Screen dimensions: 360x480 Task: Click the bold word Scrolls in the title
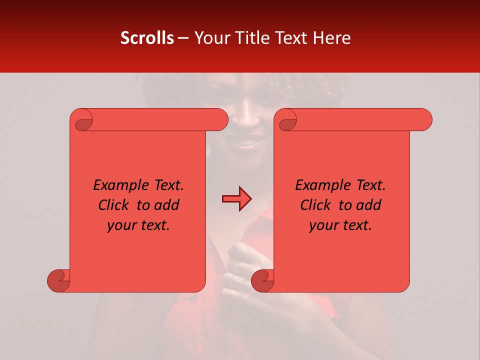147,38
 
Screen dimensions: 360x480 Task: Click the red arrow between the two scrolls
236,199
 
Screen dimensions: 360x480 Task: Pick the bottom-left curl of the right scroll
263,281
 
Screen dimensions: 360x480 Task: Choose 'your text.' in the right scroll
340,225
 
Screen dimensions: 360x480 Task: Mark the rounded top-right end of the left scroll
220,119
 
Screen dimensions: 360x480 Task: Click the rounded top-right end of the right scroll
424,119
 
